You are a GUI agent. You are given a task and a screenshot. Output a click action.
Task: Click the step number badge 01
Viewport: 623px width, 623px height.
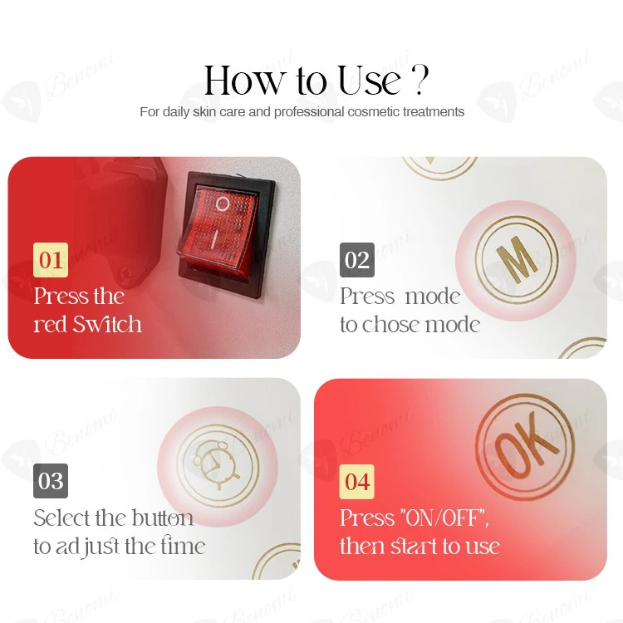pyautogui.click(x=51, y=260)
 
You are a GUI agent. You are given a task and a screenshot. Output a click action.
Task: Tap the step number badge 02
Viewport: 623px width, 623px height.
pyautogui.click(x=357, y=260)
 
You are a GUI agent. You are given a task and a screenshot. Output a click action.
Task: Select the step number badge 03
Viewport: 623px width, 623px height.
pyautogui.click(x=51, y=481)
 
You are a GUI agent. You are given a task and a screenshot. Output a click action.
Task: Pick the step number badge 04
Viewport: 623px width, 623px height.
pyautogui.click(x=357, y=482)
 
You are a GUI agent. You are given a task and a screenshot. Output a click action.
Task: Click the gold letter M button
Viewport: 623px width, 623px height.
pyautogui.click(x=514, y=261)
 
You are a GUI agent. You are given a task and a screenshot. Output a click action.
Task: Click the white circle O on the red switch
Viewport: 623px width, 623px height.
pyautogui.click(x=222, y=204)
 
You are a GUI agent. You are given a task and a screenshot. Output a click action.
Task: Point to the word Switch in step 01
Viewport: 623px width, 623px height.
pyautogui.click(x=108, y=324)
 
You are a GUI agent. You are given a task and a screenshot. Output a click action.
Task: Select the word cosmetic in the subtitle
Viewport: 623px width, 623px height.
pyautogui.click(x=374, y=112)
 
